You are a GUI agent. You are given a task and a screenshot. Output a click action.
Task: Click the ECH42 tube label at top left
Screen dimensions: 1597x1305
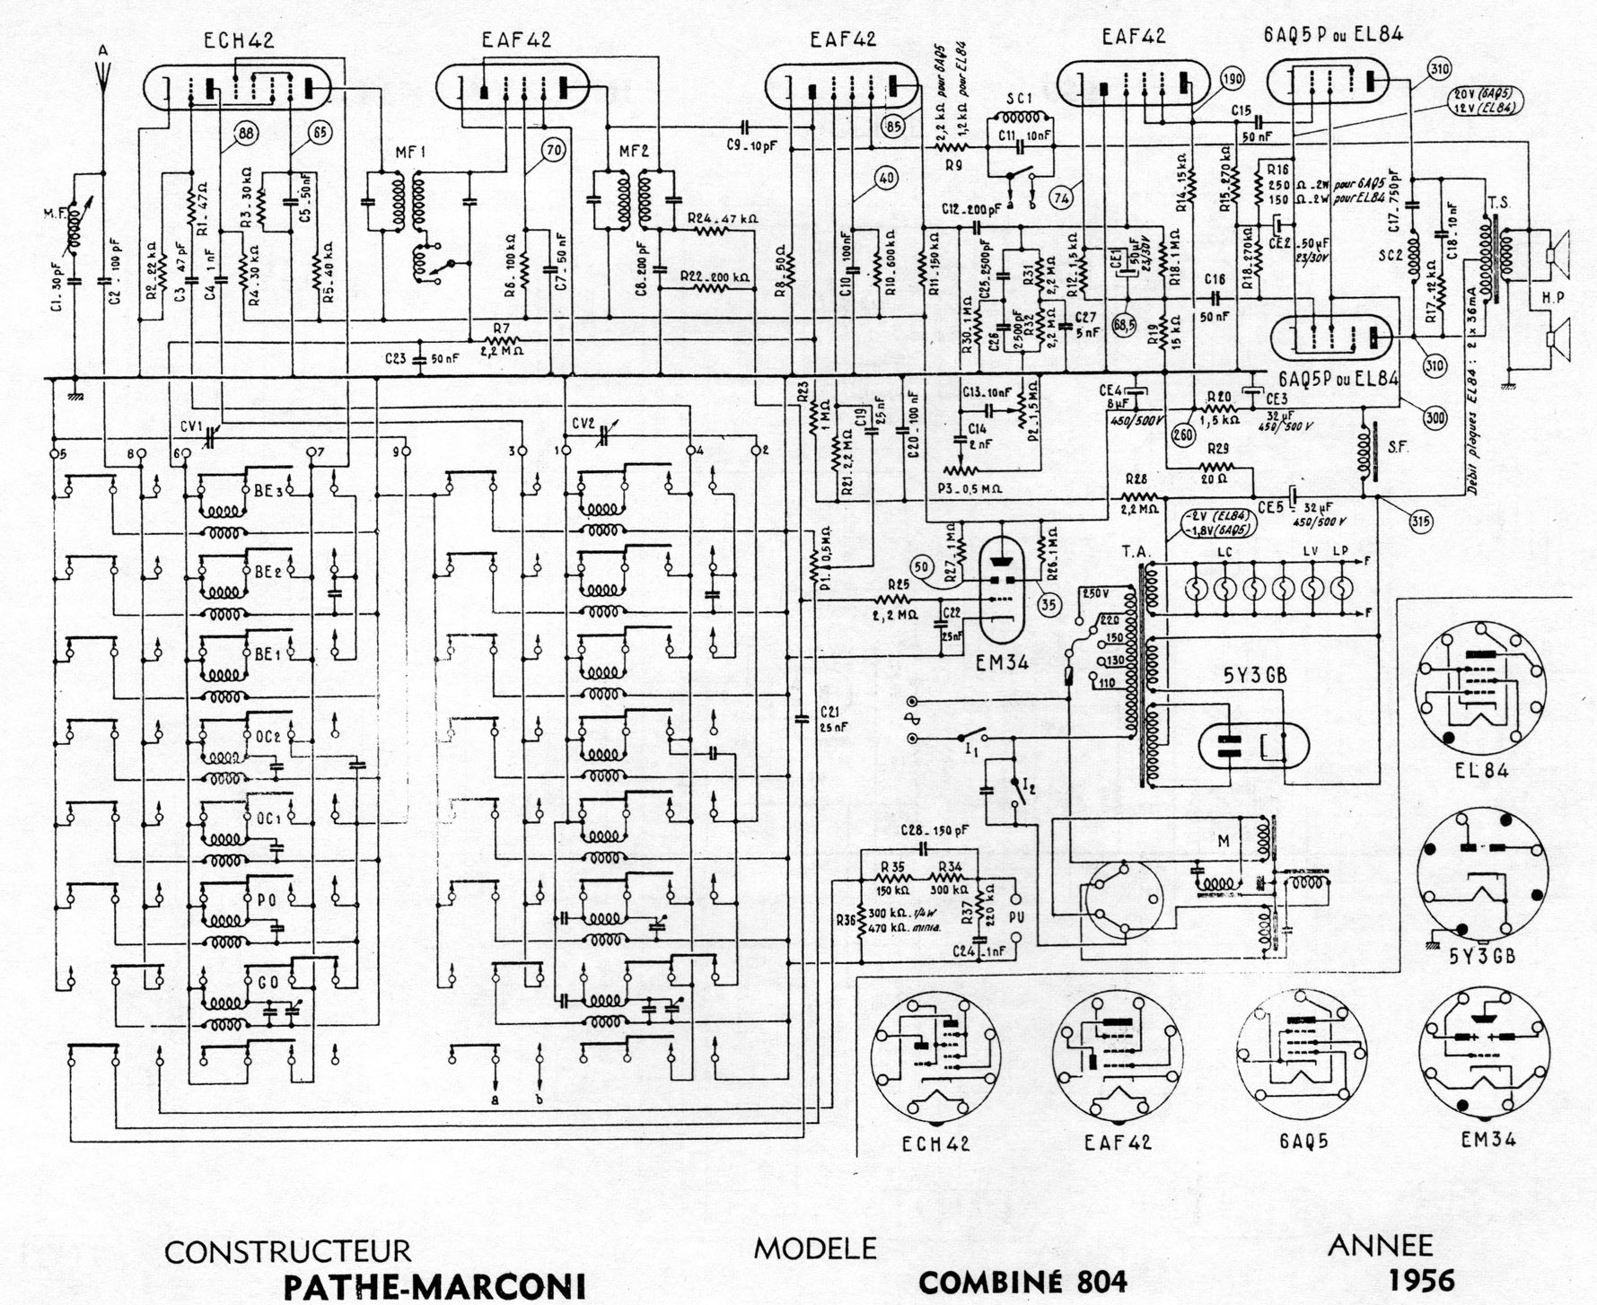tap(238, 39)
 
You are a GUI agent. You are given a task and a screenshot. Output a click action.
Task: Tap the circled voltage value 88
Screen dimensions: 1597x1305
tap(243, 134)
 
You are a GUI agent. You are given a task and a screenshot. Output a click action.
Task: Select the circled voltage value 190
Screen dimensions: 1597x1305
tap(1232, 79)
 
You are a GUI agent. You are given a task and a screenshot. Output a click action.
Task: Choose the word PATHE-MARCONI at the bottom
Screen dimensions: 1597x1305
tap(435, 1284)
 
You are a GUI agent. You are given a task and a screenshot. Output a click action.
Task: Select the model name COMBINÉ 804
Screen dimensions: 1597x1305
tap(1022, 1282)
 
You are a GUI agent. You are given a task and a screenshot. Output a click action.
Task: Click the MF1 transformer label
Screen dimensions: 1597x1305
tap(408, 153)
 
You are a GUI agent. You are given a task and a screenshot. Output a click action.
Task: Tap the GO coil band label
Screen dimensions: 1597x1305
tap(268, 982)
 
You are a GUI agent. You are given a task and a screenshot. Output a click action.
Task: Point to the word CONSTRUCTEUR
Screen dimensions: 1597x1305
tap(287, 1250)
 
